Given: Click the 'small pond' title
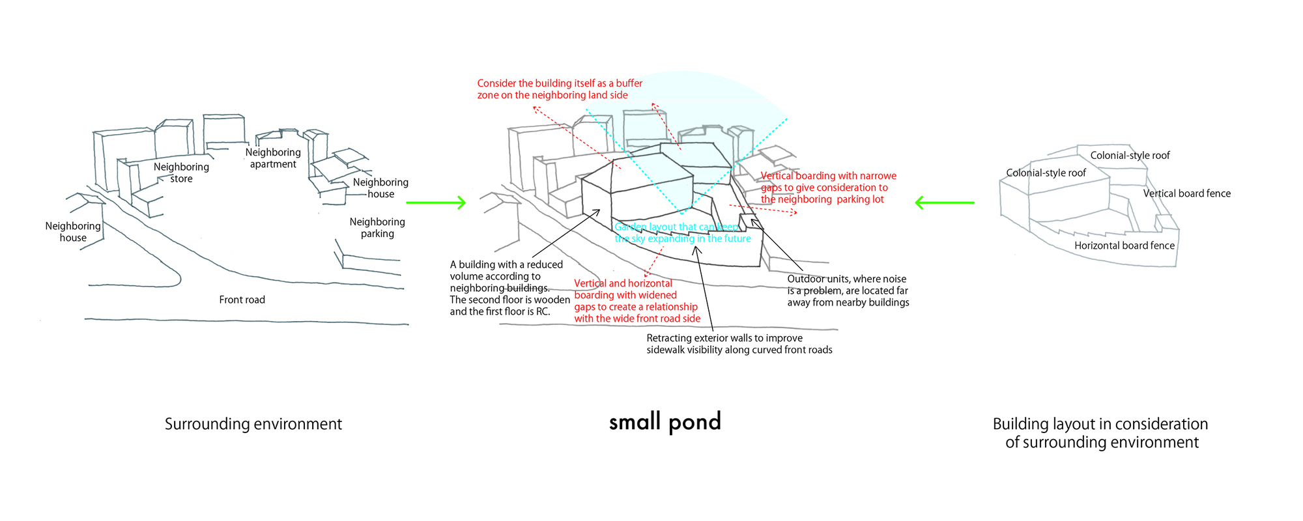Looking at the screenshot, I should [665, 422].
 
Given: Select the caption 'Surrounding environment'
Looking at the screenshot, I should [253, 424].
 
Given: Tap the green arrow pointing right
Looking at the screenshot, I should [436, 203].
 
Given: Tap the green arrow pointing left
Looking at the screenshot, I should [944, 203].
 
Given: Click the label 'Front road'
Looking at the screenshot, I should [242, 300].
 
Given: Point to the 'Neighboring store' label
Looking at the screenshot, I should [181, 173].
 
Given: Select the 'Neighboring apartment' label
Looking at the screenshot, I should [273, 158].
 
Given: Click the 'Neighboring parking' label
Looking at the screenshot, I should [377, 227].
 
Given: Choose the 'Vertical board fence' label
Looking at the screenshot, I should [1186, 193].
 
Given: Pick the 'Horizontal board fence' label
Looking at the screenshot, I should [1124, 246].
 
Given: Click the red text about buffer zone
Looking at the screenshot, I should [559, 89].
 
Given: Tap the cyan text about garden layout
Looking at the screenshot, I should [682, 232].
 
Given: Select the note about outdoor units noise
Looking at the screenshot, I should [848, 290].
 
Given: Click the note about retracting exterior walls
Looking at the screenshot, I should [739, 344].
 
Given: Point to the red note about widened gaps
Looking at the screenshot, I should [637, 301].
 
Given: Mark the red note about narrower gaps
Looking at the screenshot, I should [827, 188].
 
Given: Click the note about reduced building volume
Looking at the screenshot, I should [509, 288].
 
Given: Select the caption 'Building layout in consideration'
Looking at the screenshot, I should [1100, 433].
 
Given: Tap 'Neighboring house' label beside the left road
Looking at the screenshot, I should [73, 232].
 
